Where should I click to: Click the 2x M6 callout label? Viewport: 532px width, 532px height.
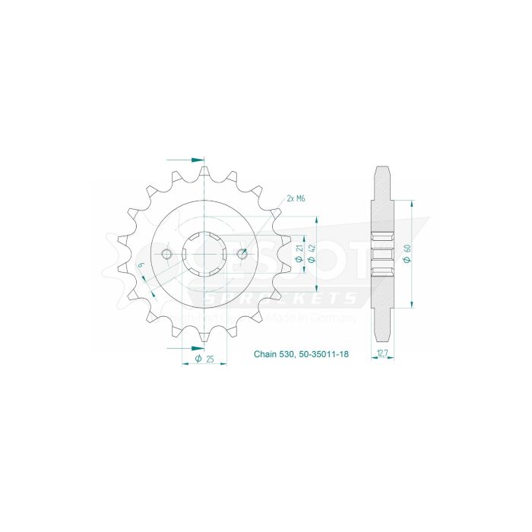click(x=296, y=198)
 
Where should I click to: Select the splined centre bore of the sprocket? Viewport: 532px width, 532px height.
click(x=204, y=253)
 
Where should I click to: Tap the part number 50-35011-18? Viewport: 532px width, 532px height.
click(x=323, y=354)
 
